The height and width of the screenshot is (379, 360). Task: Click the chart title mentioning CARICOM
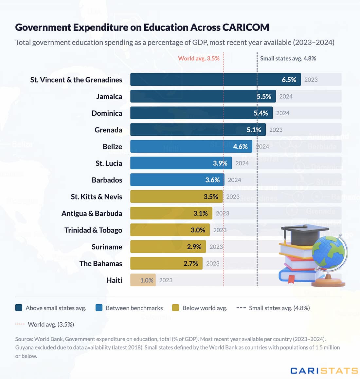click(x=142, y=27)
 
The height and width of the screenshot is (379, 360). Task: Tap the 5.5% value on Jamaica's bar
click(x=264, y=96)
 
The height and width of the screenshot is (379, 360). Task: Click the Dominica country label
click(x=107, y=113)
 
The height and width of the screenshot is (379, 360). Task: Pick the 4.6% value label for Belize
click(x=240, y=146)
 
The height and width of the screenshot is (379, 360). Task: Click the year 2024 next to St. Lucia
click(x=242, y=163)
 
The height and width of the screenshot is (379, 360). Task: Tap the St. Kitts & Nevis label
click(x=96, y=197)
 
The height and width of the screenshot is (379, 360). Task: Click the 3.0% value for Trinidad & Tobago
click(x=198, y=230)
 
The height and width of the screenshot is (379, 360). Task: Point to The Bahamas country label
click(x=100, y=263)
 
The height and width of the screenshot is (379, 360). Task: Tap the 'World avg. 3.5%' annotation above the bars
click(x=199, y=58)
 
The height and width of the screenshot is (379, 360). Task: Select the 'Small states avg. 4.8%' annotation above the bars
click(x=288, y=58)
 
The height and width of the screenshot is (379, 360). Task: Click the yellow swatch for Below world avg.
click(x=175, y=308)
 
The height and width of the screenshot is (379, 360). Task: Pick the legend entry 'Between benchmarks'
click(x=134, y=308)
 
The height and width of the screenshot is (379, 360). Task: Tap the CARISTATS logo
click(x=324, y=370)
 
